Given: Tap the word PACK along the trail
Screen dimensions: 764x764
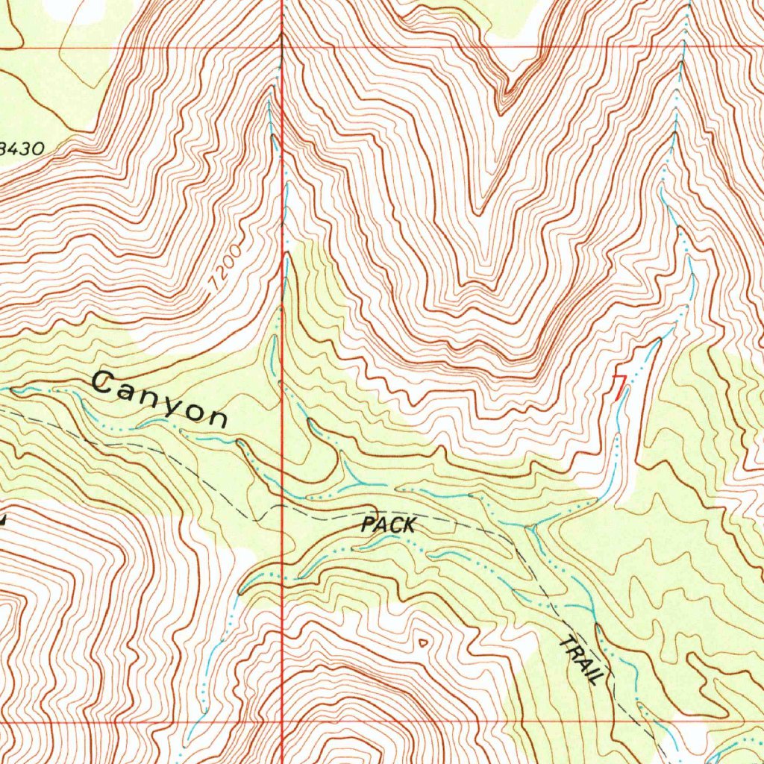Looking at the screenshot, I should (388, 525).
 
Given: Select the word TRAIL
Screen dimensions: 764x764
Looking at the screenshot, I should (583, 660).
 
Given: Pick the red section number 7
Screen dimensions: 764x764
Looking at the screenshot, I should (619, 386).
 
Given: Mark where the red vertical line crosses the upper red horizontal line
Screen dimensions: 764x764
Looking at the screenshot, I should (282, 48).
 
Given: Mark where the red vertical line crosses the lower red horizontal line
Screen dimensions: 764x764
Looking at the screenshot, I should (282, 722).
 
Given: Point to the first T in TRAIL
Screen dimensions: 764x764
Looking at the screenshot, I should (566, 642).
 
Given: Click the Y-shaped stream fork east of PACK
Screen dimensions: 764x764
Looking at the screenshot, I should (530, 527).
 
